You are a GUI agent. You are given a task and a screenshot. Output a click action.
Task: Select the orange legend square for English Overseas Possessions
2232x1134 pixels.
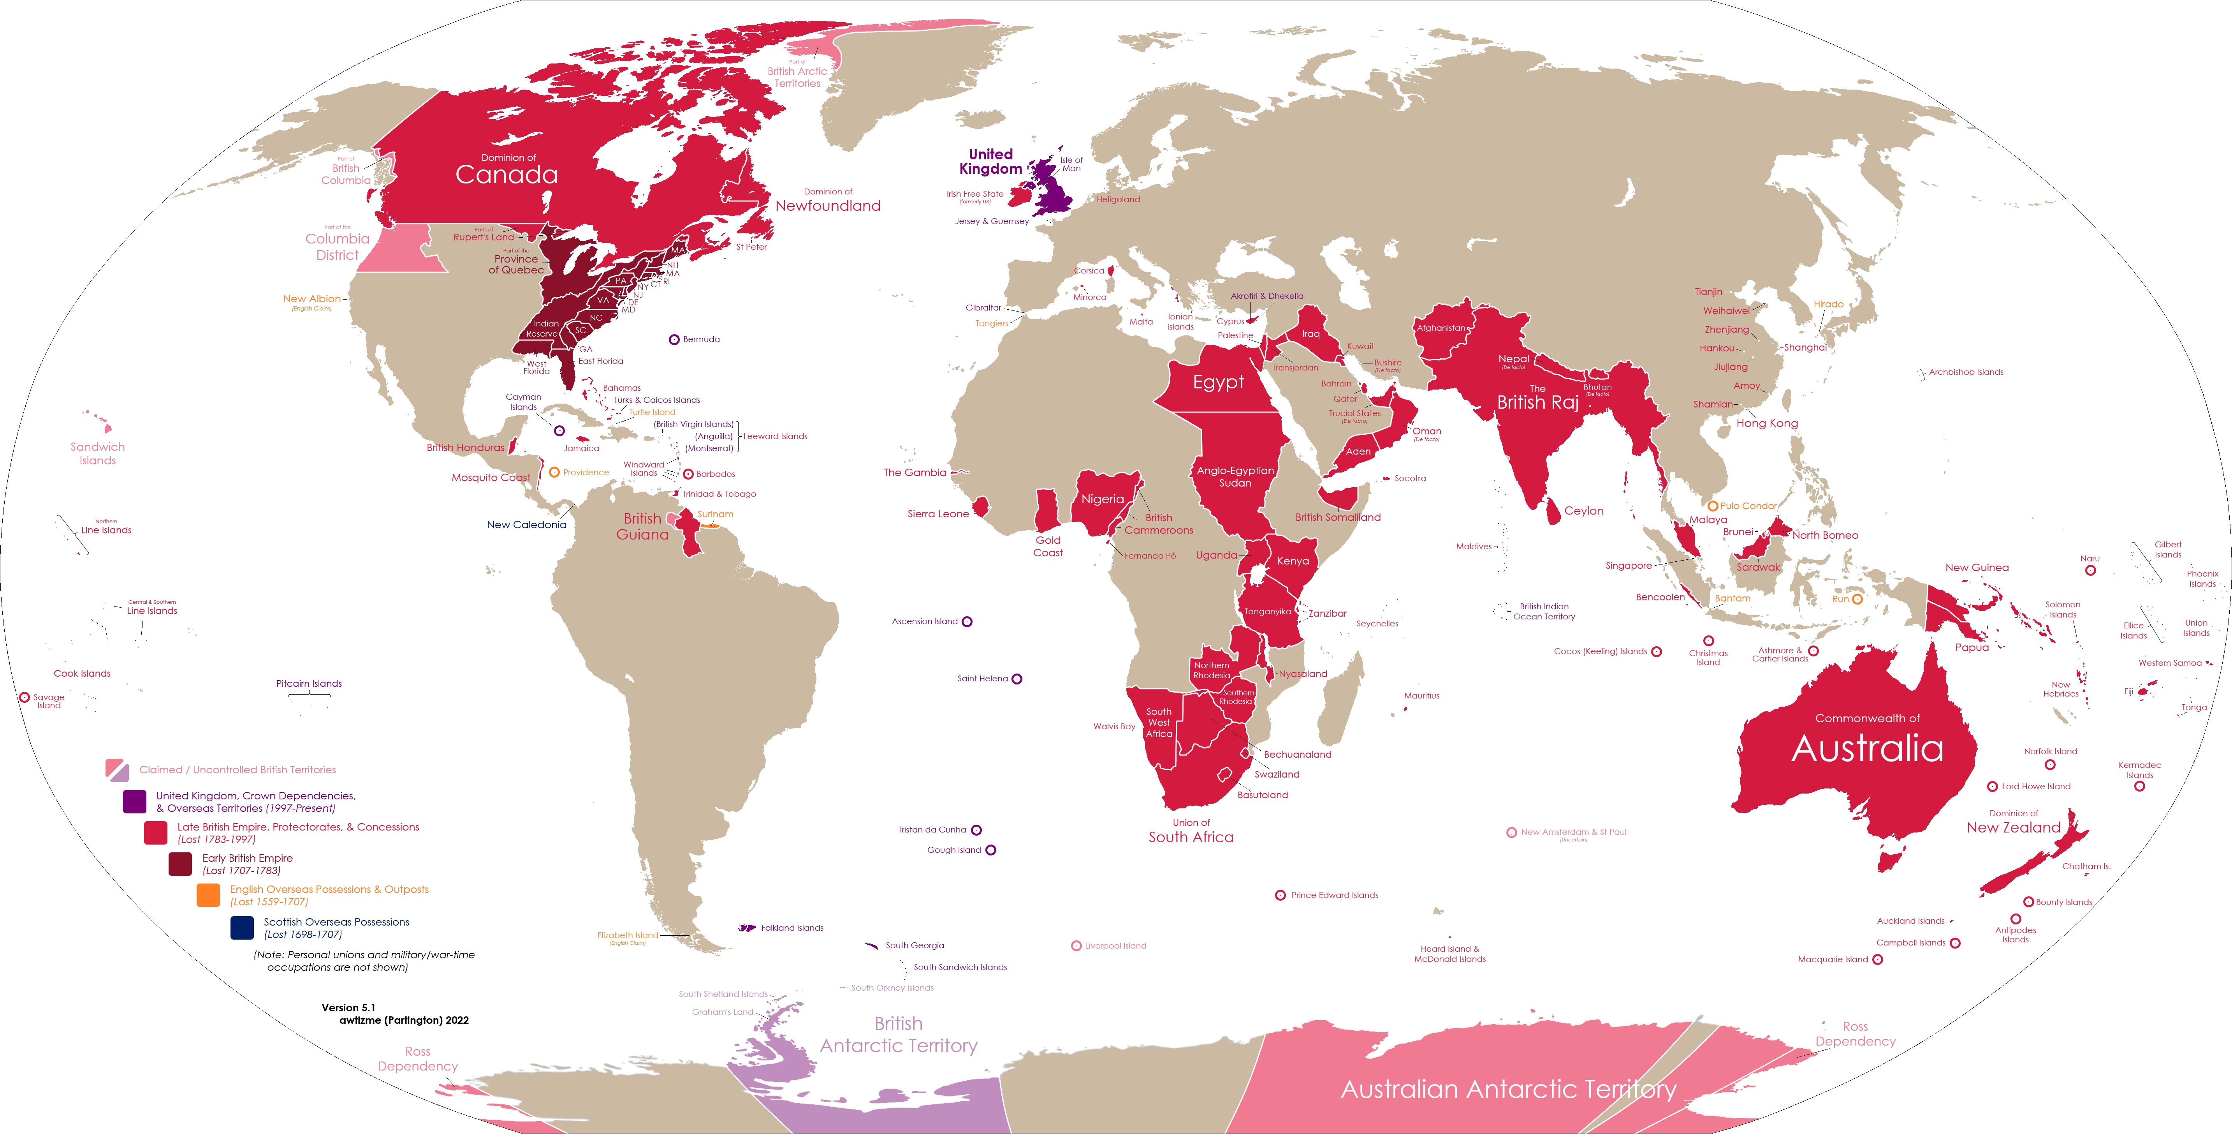[x=208, y=895]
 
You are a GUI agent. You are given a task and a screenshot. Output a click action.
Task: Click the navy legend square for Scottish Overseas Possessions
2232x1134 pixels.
[x=242, y=928]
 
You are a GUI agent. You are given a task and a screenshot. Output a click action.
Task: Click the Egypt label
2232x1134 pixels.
[x=1218, y=382]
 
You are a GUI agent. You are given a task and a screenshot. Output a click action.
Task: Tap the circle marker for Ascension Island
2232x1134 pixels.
[x=967, y=622]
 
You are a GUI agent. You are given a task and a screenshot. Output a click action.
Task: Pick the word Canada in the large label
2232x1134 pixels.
[x=507, y=175]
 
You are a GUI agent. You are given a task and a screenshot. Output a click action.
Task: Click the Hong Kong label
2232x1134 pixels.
[x=1767, y=423]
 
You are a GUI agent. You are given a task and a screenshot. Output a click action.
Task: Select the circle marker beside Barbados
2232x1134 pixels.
[x=688, y=474]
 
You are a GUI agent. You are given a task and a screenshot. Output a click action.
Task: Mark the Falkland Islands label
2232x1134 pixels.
[x=792, y=928]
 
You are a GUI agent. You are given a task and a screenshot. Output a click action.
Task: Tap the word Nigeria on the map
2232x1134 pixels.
[x=1102, y=499]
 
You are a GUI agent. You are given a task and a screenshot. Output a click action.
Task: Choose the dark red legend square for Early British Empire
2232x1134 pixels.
[x=180, y=864]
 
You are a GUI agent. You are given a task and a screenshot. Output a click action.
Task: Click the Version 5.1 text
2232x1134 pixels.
[x=348, y=1007]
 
